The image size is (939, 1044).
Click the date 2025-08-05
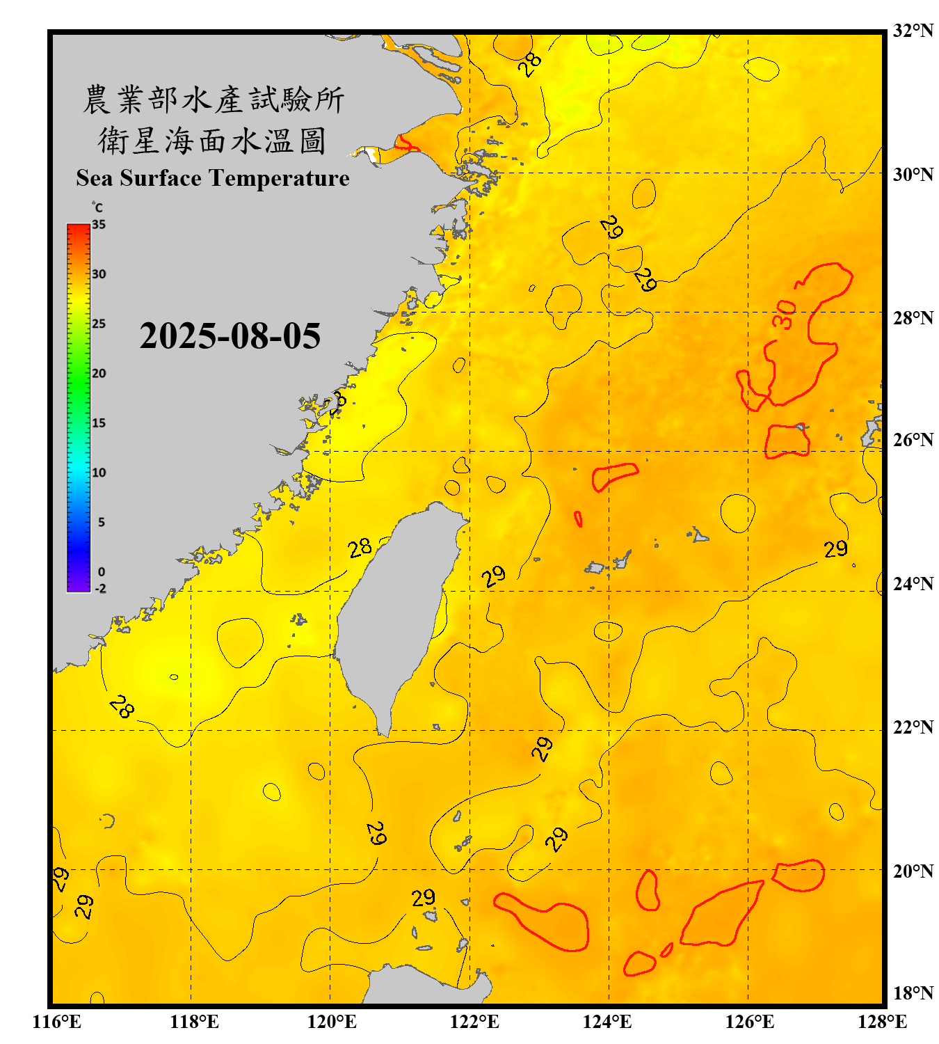coord(230,336)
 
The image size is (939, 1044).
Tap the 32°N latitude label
coord(913,31)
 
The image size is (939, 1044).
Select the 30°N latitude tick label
coord(913,175)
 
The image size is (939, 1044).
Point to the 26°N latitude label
coord(913,440)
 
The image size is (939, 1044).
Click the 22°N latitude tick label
coord(913,727)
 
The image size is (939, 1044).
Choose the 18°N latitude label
coord(913,993)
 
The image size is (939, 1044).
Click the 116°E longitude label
coord(57,1022)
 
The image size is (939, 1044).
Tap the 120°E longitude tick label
coord(332,1022)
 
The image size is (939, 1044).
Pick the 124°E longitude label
coord(607,1022)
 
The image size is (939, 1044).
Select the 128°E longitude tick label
coord(882,1022)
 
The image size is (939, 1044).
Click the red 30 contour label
coord(784,314)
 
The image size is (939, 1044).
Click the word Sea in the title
coord(95,178)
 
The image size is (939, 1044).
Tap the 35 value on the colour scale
coord(99,225)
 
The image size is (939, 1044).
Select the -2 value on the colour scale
coord(100,588)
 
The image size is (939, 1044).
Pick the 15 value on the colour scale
coord(99,423)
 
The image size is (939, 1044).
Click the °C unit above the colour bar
coord(97,207)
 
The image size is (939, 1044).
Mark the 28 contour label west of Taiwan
coord(360,548)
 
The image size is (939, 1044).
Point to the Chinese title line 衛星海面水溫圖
coord(212,141)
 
